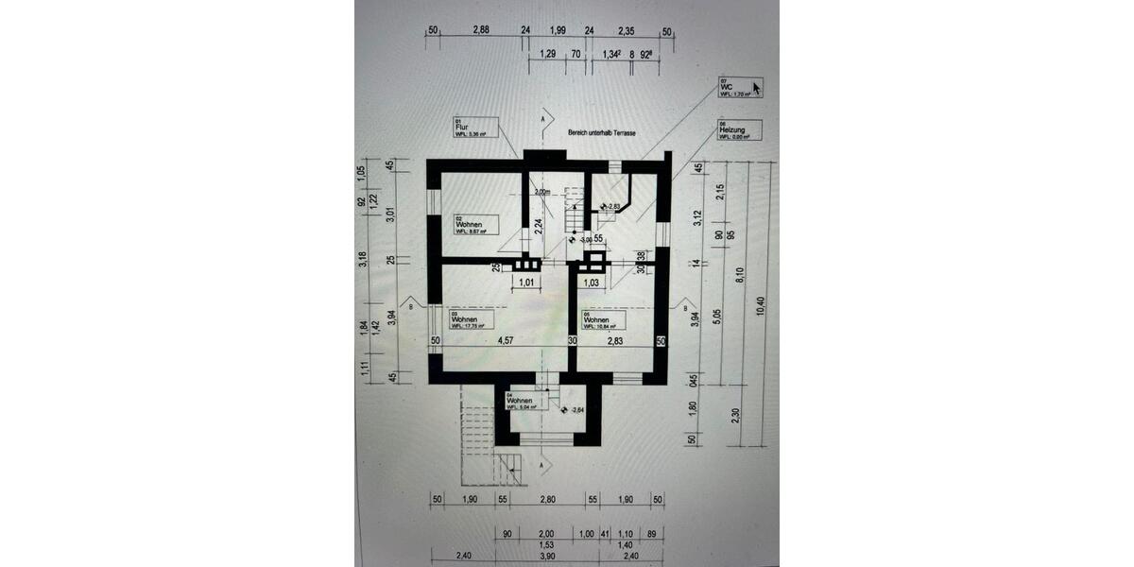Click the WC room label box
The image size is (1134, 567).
point(735,88)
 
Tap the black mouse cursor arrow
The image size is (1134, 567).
point(757,89)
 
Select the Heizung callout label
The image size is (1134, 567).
point(734,132)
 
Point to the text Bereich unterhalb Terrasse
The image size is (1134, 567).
point(601,134)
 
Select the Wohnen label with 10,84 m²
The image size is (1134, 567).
point(600,322)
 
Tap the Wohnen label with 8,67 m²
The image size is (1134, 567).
point(471,225)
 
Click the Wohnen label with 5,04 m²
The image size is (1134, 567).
point(524,401)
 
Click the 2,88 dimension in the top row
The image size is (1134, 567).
point(480,31)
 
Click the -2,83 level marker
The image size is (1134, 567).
point(611,206)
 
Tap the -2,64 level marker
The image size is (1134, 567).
point(576,410)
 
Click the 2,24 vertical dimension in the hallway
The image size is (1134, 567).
point(538,224)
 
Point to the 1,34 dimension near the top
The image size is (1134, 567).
point(610,55)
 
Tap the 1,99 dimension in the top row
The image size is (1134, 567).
point(557,31)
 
